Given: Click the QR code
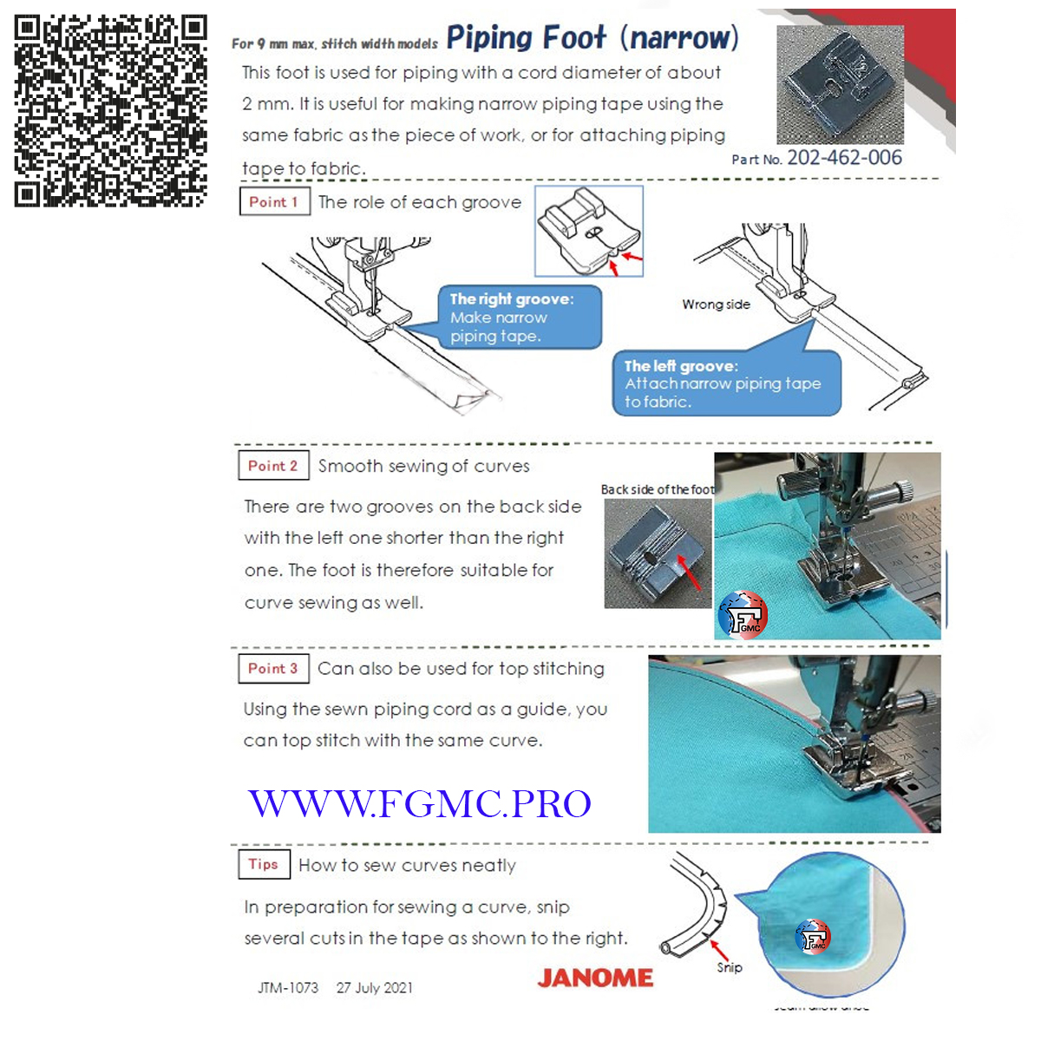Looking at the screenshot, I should click(x=110, y=111).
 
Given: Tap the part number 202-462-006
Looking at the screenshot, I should click(x=844, y=158).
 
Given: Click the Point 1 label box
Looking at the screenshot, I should click(x=274, y=201).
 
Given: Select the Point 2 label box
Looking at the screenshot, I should click(x=273, y=466).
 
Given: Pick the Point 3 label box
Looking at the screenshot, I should click(x=273, y=668).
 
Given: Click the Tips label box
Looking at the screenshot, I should click(x=263, y=864).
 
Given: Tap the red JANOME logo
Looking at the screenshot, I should click(x=595, y=978).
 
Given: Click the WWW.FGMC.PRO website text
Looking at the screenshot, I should click(x=420, y=803).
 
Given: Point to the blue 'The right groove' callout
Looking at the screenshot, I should click(x=519, y=318).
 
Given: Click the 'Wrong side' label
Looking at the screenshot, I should click(x=716, y=304).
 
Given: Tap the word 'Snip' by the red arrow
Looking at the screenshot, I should click(x=730, y=967).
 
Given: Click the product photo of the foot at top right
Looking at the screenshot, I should click(x=839, y=84).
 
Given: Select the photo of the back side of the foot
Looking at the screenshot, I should click(x=657, y=553).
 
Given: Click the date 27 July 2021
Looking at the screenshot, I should click(x=375, y=988).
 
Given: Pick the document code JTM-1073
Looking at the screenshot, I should click(x=288, y=988).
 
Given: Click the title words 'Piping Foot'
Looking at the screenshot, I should click(x=526, y=37).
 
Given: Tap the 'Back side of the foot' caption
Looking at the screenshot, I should click(x=657, y=489).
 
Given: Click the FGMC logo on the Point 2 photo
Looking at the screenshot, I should click(x=743, y=615).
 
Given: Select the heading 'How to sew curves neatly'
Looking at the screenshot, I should click(x=407, y=865).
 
